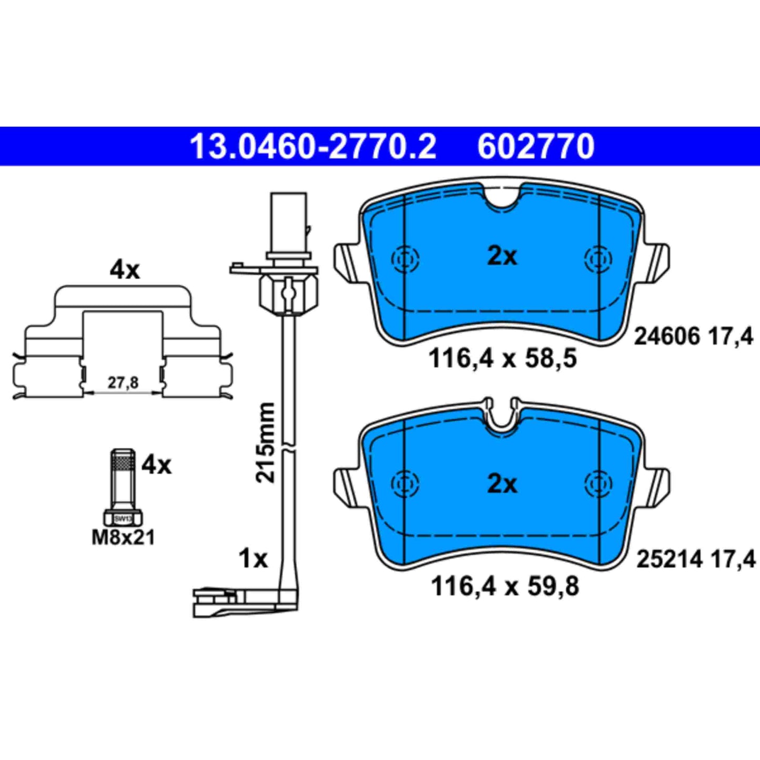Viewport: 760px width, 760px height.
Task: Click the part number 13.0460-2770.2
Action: pos(312,147)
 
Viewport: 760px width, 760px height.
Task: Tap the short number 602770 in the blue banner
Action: pos(535,147)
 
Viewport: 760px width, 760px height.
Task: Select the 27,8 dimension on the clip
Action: pos(123,383)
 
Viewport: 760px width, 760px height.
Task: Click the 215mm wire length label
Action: pos(266,442)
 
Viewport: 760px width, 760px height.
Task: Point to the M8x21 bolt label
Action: pos(124,538)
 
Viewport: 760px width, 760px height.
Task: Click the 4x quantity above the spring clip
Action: pos(125,270)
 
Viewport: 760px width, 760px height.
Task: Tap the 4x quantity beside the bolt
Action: pos(157,465)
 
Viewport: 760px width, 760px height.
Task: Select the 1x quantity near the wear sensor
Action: pos(253,559)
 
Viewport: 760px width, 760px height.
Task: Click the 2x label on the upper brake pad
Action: pos(502,256)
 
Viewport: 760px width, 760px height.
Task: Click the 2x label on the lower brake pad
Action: pos(502,483)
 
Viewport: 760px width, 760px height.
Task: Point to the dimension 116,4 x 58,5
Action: pos(502,359)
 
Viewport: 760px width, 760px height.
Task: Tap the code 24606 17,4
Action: pos(693,336)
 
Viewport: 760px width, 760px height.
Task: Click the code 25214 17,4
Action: pos(695,559)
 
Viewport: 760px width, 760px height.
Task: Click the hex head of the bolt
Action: pos(123,518)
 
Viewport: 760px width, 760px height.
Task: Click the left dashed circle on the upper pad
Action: pos(406,259)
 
